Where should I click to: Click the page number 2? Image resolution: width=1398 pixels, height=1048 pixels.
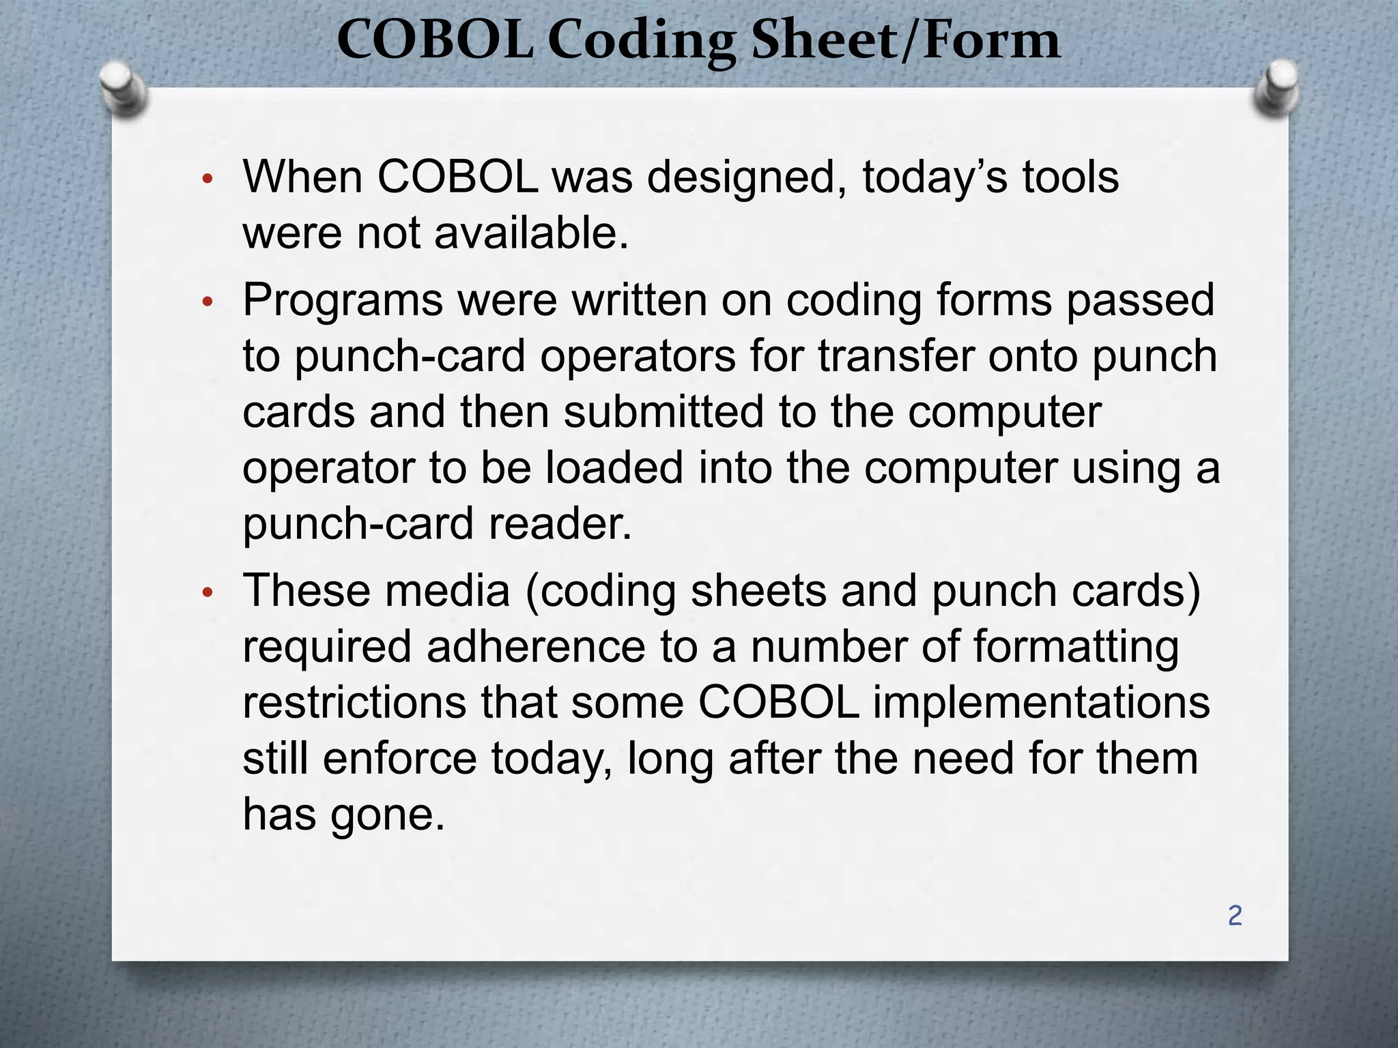tap(1235, 916)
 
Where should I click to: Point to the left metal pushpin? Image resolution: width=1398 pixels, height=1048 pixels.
tap(122, 88)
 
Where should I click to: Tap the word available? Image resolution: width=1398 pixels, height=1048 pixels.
tap(531, 233)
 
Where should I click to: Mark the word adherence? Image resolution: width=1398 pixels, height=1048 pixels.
tap(536, 647)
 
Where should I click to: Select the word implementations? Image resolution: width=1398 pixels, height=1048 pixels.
tap(1041, 703)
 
